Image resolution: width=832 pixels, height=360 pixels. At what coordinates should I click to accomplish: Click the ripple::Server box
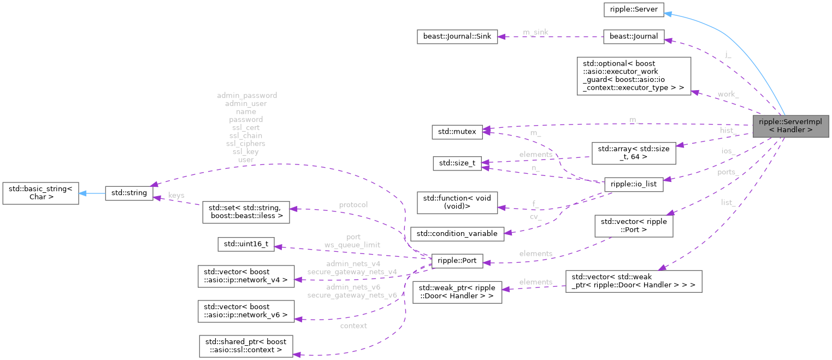coord(633,9)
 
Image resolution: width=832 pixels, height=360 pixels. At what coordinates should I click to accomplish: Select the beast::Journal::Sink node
coord(454,37)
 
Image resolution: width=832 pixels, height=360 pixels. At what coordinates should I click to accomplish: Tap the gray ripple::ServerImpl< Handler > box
coord(790,126)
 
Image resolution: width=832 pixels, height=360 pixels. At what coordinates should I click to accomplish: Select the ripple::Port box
coord(457,261)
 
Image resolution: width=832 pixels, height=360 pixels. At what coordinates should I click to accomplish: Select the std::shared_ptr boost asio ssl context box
coord(245,347)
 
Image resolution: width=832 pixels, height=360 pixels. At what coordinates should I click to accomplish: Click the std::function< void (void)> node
coord(457,202)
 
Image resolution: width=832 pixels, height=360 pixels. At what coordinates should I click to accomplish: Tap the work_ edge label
coord(728,94)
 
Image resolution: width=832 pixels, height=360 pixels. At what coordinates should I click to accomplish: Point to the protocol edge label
coord(353,204)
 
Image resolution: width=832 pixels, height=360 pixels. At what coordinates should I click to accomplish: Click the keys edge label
coord(176,195)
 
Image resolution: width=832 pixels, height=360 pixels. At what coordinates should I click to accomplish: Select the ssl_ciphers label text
coord(246,143)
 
